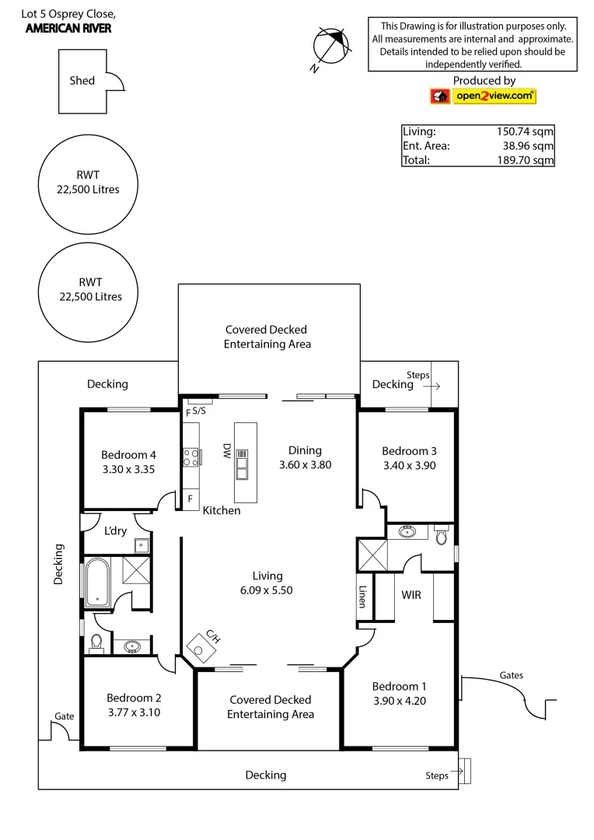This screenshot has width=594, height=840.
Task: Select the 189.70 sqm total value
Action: click(x=525, y=160)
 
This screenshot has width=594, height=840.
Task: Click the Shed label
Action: click(x=82, y=80)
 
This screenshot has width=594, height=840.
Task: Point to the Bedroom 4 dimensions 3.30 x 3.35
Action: click(x=129, y=469)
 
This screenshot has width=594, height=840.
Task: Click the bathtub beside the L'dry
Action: click(x=96, y=581)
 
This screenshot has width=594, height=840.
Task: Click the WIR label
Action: click(x=412, y=594)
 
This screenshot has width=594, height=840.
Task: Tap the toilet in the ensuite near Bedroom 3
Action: click(x=442, y=536)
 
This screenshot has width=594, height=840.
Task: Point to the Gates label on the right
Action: click(x=511, y=675)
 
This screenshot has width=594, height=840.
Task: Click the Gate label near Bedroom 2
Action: click(x=64, y=716)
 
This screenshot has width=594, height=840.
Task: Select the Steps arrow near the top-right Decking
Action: click(x=434, y=385)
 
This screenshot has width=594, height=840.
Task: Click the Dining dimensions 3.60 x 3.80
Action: click(x=306, y=464)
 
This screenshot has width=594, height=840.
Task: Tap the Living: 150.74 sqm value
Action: click(x=525, y=131)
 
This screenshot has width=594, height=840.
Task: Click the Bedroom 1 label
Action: click(x=399, y=686)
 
